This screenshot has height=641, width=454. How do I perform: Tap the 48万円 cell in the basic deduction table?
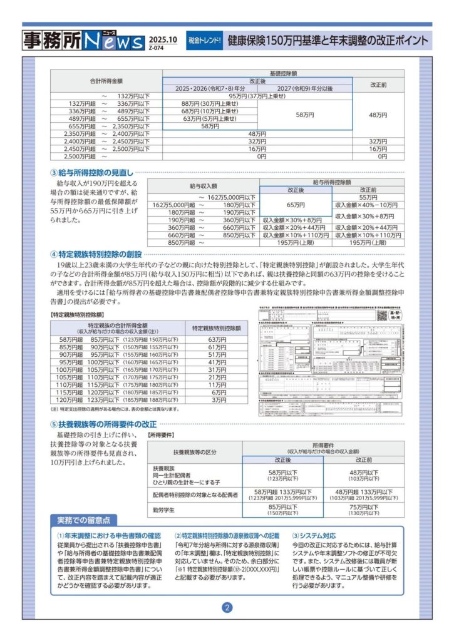point(378,115)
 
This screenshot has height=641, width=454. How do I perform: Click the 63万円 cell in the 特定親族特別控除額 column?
point(217,339)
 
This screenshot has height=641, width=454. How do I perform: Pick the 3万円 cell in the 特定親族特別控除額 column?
point(217,400)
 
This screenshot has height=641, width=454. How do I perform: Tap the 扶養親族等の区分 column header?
point(194,451)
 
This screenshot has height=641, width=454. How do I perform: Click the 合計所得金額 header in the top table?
point(106,81)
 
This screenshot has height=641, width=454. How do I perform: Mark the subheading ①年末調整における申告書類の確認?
point(109,536)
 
